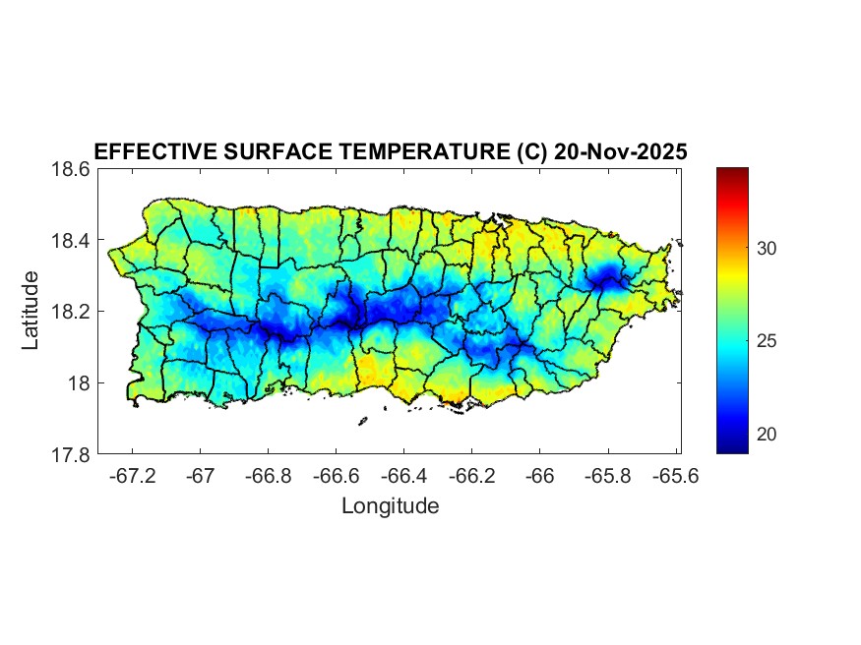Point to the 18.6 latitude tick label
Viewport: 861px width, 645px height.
72,169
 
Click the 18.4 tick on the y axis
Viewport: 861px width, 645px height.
72,241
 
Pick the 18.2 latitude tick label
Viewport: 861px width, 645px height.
72,312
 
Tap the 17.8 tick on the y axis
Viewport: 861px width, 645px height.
72,454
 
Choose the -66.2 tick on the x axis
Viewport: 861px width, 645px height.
472,476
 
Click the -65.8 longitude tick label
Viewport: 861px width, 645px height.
608,476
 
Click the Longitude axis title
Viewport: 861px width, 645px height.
390,506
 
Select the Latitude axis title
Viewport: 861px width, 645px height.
31,311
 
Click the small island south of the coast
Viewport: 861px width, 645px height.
363,421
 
